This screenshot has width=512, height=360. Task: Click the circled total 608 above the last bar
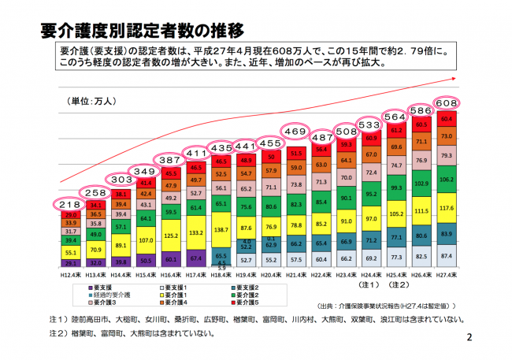tap(447, 103)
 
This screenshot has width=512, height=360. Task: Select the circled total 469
tap(296, 132)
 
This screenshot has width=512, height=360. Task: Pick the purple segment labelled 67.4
tap(195, 258)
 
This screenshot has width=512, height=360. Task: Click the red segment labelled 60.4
tap(447, 119)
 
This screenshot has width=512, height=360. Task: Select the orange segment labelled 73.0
tap(447, 136)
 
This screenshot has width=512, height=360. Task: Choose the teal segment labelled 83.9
tap(447, 234)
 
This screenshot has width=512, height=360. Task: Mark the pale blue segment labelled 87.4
tap(447, 258)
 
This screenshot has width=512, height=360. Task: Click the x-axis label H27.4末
tap(447, 273)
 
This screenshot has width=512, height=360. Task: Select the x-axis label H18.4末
tap(221, 273)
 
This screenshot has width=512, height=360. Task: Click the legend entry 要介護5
tap(249, 302)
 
